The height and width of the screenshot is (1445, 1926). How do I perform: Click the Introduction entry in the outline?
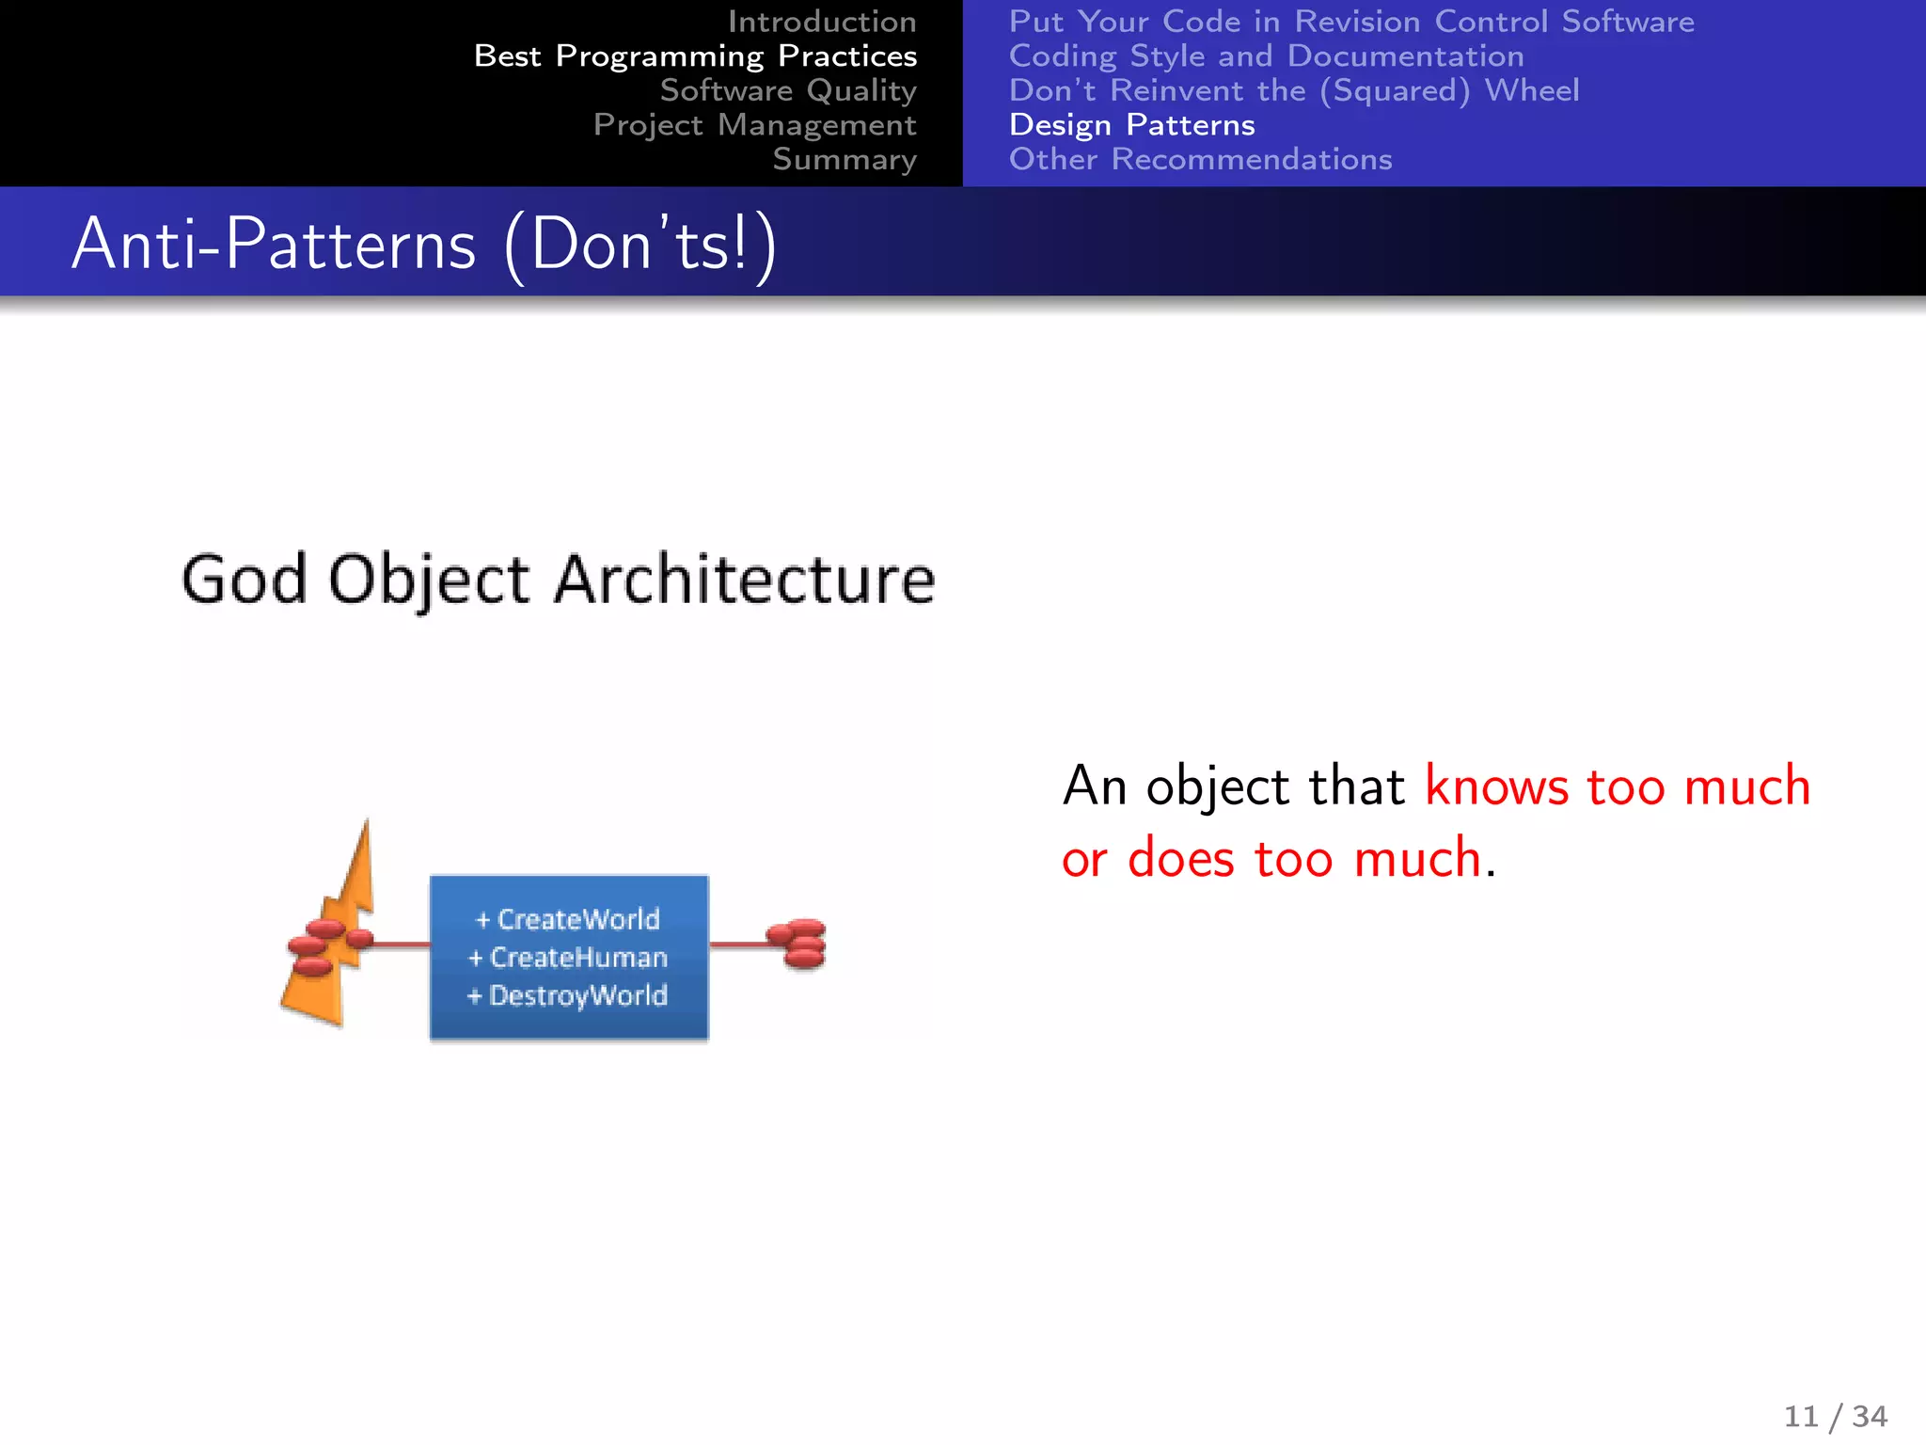[821, 22]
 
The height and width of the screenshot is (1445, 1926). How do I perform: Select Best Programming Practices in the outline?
[695, 56]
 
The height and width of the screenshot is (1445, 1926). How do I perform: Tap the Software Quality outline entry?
[787, 90]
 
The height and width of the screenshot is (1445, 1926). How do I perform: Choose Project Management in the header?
[754, 125]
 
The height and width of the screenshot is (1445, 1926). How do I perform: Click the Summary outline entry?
[844, 160]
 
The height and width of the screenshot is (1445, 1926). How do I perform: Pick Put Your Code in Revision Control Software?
[1350, 22]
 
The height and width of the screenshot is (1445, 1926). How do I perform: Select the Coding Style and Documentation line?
[1266, 56]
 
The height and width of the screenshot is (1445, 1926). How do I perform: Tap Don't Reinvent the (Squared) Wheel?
[1293, 90]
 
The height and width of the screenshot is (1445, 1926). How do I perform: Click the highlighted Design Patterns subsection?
[1131, 125]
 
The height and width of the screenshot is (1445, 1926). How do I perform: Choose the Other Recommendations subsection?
[1200, 160]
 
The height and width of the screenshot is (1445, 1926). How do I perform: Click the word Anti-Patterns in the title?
[274, 245]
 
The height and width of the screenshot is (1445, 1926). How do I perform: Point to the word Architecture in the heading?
[744, 580]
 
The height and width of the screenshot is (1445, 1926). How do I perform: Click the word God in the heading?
[244, 580]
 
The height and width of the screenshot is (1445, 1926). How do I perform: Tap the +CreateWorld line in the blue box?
[568, 919]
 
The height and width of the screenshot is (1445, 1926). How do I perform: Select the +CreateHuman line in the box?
[568, 958]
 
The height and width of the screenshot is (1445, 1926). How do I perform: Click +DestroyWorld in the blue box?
[568, 995]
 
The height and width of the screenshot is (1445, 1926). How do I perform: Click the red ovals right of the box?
[797, 945]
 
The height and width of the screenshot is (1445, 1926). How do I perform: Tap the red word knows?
[1496, 786]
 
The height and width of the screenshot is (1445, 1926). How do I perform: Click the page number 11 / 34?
[1835, 1416]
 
